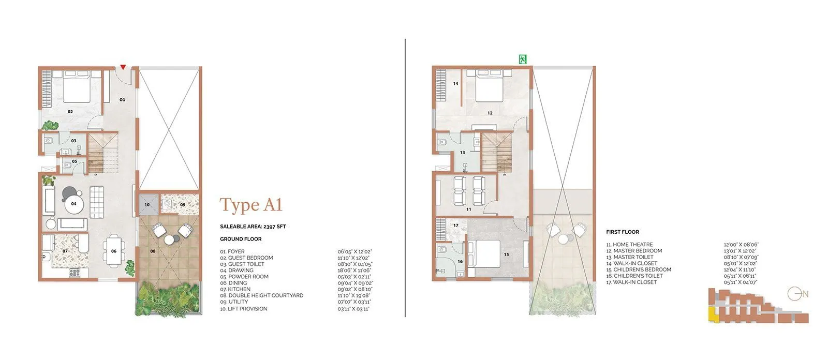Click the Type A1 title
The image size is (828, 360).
[251, 205]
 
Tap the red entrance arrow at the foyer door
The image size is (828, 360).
[123, 67]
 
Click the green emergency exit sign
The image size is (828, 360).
[522, 59]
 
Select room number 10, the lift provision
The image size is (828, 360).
[147, 205]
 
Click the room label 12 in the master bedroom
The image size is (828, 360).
[490, 113]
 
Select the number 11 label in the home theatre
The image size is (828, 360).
[468, 209]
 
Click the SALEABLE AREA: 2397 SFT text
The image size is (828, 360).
[253, 227]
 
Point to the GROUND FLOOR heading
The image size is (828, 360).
[241, 239]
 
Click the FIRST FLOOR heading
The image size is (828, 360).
[622, 232]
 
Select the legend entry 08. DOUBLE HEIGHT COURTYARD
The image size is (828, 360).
[261, 295]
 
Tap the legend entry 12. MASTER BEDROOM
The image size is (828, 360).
[634, 251]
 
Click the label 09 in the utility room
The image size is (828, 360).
[183, 205]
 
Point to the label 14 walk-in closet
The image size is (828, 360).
[456, 83]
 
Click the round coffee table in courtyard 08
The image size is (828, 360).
[169, 240]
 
